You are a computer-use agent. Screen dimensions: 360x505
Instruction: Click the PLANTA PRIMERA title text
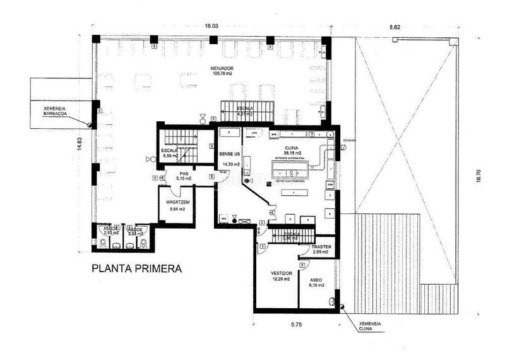pos(137,268)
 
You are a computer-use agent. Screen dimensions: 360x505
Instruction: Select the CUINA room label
pos(291,147)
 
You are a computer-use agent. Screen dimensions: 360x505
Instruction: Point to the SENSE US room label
pos(230,153)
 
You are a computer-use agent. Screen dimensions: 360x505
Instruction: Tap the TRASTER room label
pos(318,247)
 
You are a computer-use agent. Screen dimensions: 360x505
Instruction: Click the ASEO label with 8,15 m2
pos(312,280)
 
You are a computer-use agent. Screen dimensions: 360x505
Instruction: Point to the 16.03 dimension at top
pos(211,26)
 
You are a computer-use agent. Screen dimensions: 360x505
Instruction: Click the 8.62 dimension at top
pos(395,27)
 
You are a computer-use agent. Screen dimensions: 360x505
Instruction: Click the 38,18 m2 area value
pos(291,153)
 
